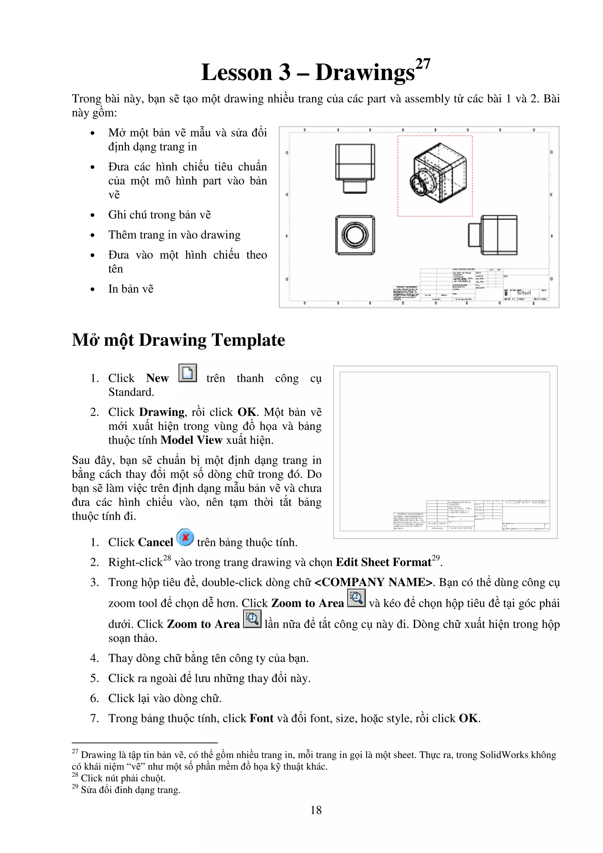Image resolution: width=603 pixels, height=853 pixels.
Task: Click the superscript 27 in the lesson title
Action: pyautogui.click(x=423, y=64)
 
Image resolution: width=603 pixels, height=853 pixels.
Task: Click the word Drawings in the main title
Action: pyautogui.click(x=365, y=72)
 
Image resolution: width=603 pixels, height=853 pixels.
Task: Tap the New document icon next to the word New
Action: pyautogui.click(x=188, y=373)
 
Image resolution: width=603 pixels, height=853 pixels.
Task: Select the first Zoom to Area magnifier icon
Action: pyautogui.click(x=356, y=598)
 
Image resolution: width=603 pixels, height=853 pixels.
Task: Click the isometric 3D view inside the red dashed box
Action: pyautogui.click(x=438, y=173)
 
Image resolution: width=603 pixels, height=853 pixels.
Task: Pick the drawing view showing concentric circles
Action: pyautogui.click(x=355, y=235)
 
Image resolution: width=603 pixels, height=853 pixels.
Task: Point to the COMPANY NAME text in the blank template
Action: pyautogui.click(x=525, y=502)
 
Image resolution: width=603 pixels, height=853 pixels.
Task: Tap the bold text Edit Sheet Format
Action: pyautogui.click(x=383, y=562)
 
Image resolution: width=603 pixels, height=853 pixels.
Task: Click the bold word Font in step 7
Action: pyautogui.click(x=261, y=718)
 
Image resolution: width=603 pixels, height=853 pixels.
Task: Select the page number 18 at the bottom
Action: pyautogui.click(x=316, y=810)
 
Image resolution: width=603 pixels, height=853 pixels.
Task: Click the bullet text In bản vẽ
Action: pyautogui.click(x=131, y=289)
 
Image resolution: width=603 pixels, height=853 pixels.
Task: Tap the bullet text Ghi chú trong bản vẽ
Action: pyautogui.click(x=159, y=215)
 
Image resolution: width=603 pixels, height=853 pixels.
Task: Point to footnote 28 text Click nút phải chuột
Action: pyautogui.click(x=123, y=778)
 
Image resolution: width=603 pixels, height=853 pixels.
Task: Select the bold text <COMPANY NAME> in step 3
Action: pyautogui.click(x=373, y=582)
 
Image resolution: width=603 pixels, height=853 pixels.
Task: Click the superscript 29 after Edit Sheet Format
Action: pyautogui.click(x=435, y=558)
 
